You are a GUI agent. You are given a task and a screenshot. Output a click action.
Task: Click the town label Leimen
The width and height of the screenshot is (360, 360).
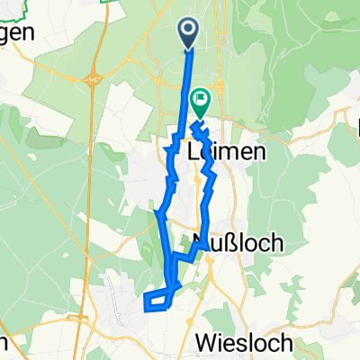point(229,152)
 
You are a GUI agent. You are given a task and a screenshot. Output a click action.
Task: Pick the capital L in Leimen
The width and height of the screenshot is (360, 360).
point(195,152)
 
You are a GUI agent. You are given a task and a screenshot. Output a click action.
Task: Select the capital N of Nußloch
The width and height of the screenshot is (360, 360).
point(201,242)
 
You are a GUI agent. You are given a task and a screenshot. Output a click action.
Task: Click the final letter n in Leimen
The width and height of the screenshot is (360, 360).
point(261,152)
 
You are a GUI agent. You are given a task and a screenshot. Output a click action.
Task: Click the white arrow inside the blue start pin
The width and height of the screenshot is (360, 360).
point(190,31)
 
